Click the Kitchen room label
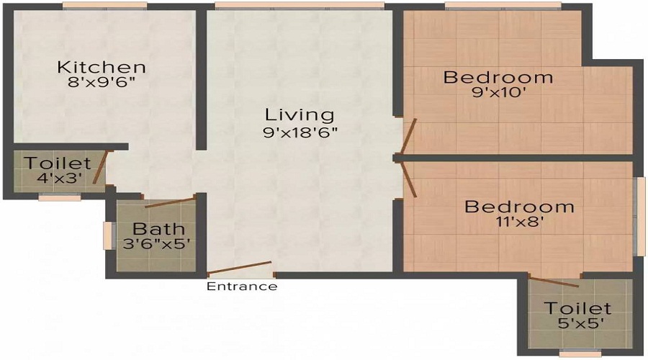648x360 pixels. click(x=102, y=67)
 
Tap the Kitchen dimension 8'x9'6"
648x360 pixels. click(x=102, y=82)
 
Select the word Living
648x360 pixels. click(x=300, y=115)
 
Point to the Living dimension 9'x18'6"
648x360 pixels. click(x=300, y=132)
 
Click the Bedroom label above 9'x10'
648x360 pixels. click(x=498, y=77)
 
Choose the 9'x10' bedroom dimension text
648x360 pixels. click(x=498, y=92)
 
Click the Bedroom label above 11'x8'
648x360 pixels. click(x=519, y=207)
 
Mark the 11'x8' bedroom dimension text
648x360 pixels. click(x=519, y=222)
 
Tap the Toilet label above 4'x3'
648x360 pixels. click(x=58, y=163)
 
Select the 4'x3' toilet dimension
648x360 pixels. click(x=60, y=178)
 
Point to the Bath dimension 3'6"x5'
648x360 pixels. click(x=157, y=243)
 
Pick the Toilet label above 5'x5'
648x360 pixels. click(x=577, y=308)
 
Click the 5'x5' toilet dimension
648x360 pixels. click(x=577, y=323)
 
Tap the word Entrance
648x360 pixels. click(x=242, y=286)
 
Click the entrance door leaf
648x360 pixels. click(x=239, y=268)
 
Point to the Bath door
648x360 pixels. click(x=170, y=202)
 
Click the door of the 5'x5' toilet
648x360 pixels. click(x=554, y=282)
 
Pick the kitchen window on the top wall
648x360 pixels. click(x=105, y=5)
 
